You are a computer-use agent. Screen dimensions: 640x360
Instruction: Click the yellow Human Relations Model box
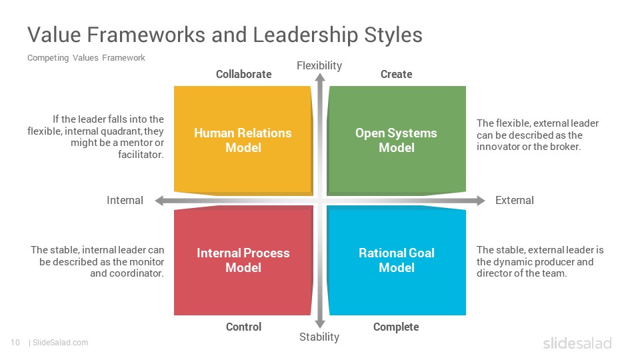coord(243,141)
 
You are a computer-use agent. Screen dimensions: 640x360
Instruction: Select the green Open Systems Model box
coord(396,141)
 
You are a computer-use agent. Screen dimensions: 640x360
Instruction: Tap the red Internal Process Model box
coord(243,261)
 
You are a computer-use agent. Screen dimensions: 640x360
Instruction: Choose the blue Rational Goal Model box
coord(396,261)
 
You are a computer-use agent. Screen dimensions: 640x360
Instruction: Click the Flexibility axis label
coord(319,66)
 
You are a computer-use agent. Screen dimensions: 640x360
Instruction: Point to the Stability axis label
coord(319,337)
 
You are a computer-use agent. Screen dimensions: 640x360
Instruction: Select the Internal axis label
coord(125,201)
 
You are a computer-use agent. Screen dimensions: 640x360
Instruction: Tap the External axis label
coord(514,201)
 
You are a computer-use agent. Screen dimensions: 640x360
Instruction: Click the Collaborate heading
coord(244,74)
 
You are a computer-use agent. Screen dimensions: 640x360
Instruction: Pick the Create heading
coord(396,74)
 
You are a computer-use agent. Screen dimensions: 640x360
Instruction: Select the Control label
coord(244,327)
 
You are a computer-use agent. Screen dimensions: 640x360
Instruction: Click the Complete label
coord(396,327)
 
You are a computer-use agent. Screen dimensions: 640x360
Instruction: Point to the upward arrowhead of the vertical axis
coord(321,77)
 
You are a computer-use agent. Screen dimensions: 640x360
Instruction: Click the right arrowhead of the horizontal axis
coord(481,201)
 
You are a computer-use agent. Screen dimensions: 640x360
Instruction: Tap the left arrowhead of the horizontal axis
coord(159,201)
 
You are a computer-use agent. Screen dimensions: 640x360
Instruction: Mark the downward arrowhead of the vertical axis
coord(321,324)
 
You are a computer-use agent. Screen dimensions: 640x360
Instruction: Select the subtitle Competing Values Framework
coord(86,58)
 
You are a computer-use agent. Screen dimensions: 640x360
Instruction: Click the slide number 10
coord(15,343)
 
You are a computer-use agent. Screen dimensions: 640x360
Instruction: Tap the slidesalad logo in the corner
coord(577,343)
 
